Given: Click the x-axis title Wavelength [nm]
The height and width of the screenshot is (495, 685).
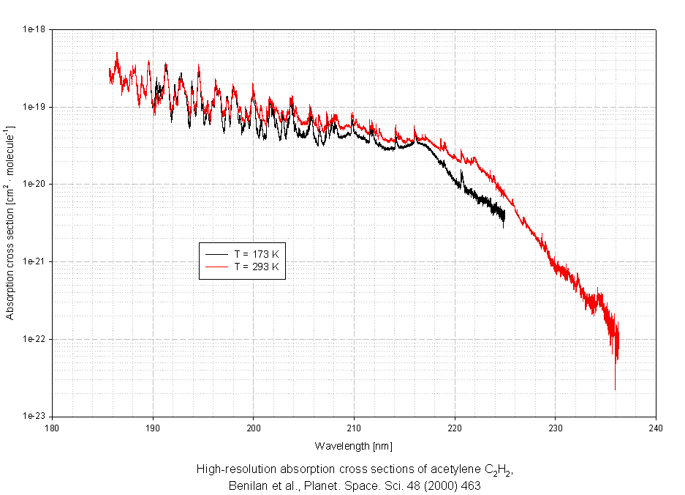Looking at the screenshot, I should click(x=354, y=445).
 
